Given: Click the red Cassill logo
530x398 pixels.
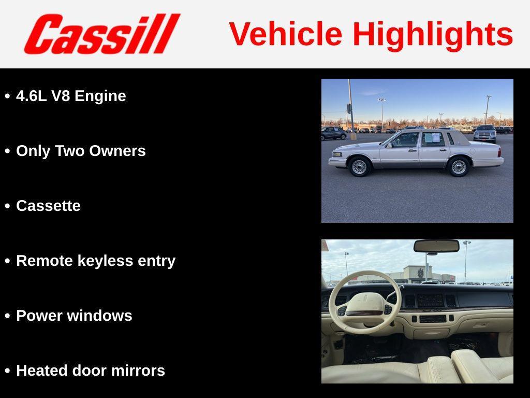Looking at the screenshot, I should click(101, 34).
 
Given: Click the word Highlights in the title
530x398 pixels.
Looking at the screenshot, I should click(433, 34).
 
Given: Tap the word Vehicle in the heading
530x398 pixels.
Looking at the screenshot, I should click(285, 34).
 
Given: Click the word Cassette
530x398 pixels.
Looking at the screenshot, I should click(48, 206).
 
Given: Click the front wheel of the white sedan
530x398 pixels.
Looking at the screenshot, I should click(359, 167).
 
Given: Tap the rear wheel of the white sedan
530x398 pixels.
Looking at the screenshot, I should click(459, 167).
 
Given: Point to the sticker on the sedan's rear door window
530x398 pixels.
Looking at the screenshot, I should click(432, 138).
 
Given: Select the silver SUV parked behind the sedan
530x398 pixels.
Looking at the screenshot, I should click(485, 134).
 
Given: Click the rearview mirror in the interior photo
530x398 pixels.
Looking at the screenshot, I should click(436, 246).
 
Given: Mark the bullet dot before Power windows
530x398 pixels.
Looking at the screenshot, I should click(7, 316).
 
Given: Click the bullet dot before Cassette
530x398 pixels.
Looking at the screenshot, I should click(7, 206).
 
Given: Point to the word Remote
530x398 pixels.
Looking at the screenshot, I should click(45, 261).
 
